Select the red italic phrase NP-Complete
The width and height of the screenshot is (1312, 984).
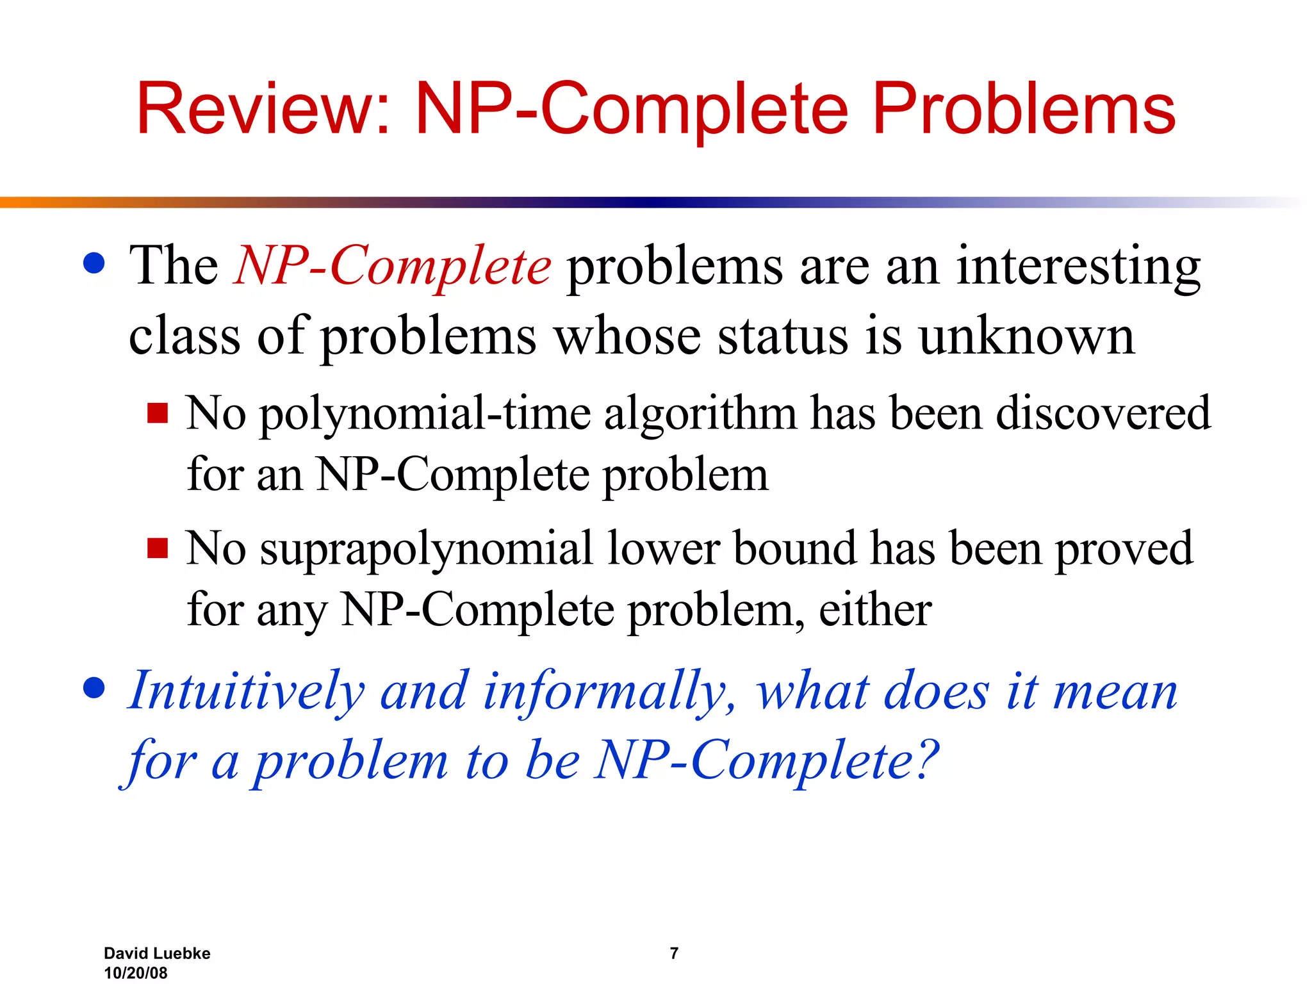pyautogui.click(x=393, y=265)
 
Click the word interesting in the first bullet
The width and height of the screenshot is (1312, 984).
pyautogui.click(x=1078, y=266)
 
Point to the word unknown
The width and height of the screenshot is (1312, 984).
pyautogui.click(x=1026, y=337)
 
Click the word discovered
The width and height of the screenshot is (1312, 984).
pyautogui.click(x=1103, y=413)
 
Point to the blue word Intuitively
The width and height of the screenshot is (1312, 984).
pyautogui.click(x=246, y=692)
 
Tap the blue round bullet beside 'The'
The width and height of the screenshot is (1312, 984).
pyautogui.click(x=94, y=263)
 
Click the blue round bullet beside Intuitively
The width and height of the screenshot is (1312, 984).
pyautogui.click(x=94, y=688)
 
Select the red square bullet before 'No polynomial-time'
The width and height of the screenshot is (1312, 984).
pyautogui.click(x=158, y=413)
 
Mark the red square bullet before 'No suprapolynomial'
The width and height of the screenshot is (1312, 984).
pyautogui.click(x=158, y=548)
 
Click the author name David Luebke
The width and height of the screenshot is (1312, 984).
pyautogui.click(x=157, y=953)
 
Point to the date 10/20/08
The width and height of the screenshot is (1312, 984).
pyautogui.click(x=136, y=972)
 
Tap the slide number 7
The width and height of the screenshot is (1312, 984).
pyautogui.click(x=674, y=953)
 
